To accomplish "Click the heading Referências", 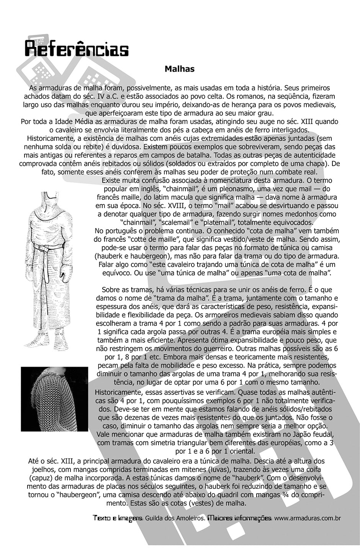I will coord(77,49).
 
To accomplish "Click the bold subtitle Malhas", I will coord(180,69).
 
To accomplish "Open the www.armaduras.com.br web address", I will coord(308,518).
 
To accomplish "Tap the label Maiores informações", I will coord(239,518).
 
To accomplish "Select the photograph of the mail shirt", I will coord(54,399).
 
